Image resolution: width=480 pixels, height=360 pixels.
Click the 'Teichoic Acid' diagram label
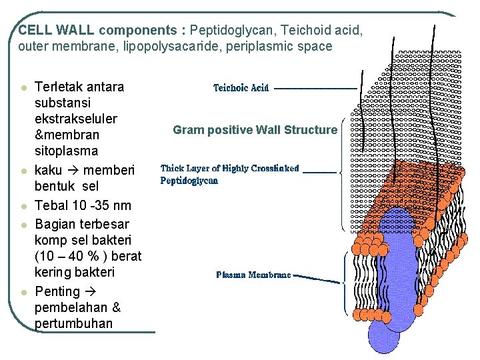(x=241, y=88)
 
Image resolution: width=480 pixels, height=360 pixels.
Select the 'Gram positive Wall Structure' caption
(x=255, y=130)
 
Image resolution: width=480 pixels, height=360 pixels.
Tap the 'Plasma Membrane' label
(x=253, y=275)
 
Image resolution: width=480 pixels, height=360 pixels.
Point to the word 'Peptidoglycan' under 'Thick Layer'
(x=189, y=181)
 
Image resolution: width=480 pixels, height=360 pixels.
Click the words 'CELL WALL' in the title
(x=57, y=30)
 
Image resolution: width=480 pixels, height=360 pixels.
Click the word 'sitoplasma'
(x=66, y=151)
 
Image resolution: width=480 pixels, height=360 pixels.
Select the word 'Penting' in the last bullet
(x=57, y=291)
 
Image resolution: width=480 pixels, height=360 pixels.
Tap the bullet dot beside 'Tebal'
(x=24, y=206)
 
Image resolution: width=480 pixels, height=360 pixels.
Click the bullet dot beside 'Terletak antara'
(x=24, y=88)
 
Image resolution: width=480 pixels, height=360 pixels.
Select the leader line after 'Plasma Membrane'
(x=318, y=275)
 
